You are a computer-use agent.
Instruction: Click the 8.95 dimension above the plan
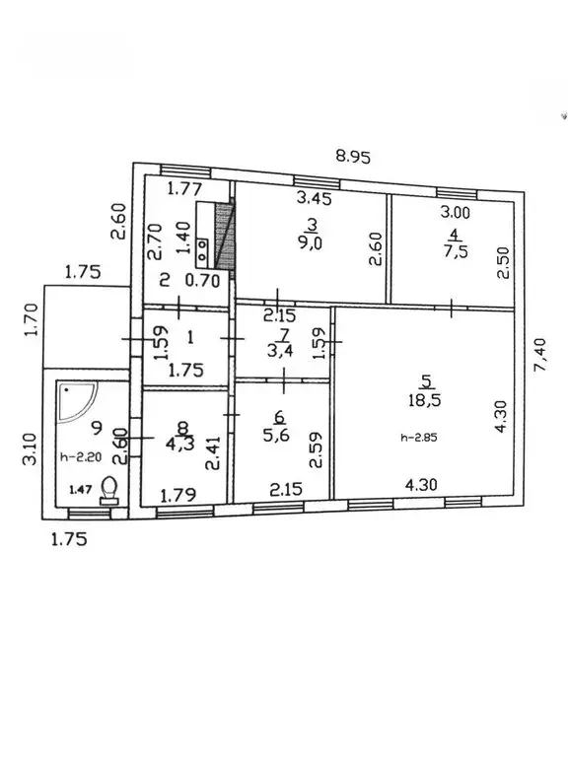click(x=353, y=157)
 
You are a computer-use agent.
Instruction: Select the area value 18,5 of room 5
click(x=425, y=400)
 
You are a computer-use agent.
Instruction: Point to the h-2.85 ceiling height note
click(x=419, y=438)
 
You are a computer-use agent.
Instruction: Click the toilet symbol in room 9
click(x=109, y=491)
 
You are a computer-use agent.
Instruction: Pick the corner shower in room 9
click(x=77, y=402)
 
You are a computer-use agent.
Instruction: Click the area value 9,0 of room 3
click(x=310, y=242)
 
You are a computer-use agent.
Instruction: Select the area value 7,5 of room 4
click(x=455, y=251)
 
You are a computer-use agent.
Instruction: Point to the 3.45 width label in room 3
click(x=314, y=198)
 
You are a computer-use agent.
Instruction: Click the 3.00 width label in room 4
click(x=455, y=212)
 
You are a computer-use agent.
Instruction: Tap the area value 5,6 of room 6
click(x=276, y=435)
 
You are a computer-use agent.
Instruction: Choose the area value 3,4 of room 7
click(x=281, y=350)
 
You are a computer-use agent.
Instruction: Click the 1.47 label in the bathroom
click(x=81, y=490)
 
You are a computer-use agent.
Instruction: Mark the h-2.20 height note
click(x=81, y=456)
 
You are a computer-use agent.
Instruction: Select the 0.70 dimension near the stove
click(x=203, y=281)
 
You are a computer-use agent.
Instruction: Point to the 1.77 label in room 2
click(x=184, y=188)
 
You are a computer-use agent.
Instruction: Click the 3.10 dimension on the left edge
click(x=30, y=449)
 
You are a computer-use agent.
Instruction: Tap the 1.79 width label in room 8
click(x=178, y=496)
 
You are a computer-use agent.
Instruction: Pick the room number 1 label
click(x=190, y=337)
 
